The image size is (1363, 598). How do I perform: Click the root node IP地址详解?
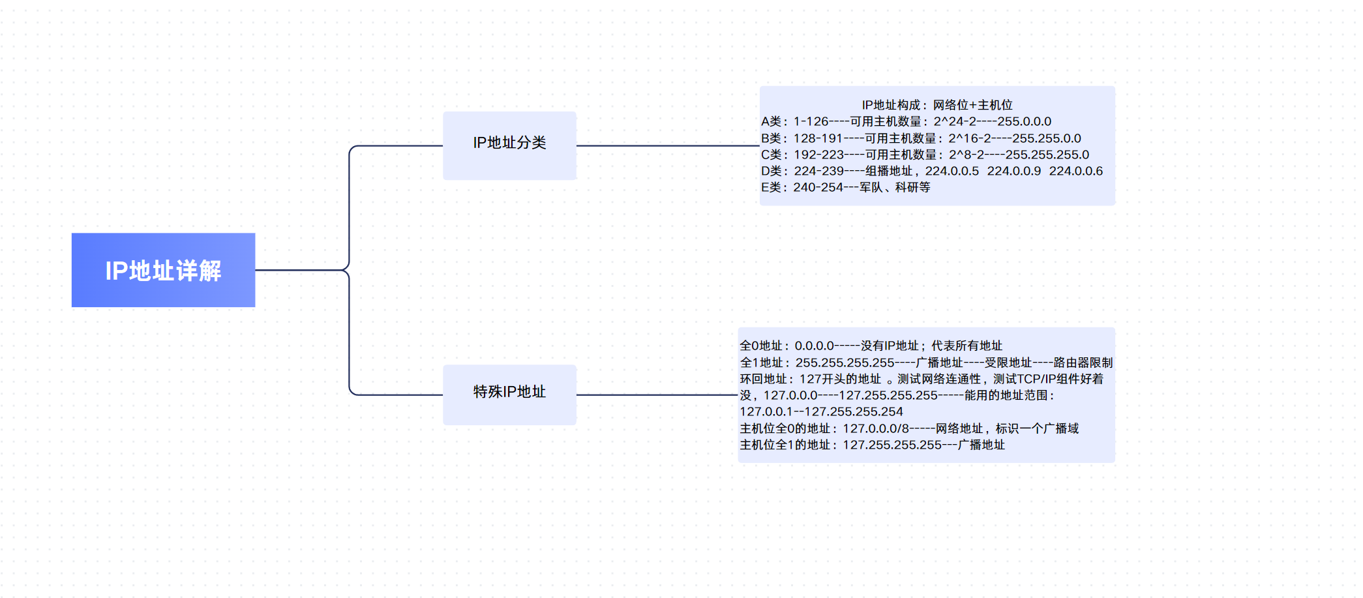click(163, 270)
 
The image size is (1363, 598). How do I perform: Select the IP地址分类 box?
click(509, 145)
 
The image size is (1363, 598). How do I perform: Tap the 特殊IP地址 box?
click(509, 394)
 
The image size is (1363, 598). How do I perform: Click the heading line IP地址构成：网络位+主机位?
click(936, 105)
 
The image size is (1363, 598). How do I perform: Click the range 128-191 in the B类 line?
click(818, 138)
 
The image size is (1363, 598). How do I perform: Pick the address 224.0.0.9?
click(1013, 171)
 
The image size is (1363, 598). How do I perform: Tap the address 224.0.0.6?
click(1075, 171)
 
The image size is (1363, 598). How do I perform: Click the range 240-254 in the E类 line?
click(818, 188)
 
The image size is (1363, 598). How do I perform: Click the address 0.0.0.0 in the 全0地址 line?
click(814, 346)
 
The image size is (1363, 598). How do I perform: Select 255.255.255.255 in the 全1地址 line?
click(845, 363)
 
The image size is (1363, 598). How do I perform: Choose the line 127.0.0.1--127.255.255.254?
click(821, 411)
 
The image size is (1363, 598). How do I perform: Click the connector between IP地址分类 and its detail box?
click(668, 145)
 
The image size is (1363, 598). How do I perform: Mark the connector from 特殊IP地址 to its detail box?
click(657, 395)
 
